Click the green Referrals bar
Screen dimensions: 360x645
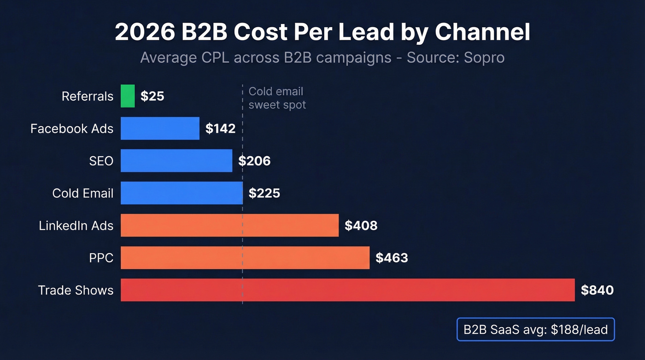128,96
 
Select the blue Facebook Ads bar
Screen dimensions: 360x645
160,128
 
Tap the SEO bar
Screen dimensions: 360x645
176,160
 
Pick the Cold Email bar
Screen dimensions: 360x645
182,193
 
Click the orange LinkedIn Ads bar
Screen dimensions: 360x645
229,225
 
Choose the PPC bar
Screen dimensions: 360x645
245,257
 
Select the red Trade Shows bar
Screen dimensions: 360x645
347,290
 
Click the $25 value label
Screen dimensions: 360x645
152,96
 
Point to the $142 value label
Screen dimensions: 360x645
220,129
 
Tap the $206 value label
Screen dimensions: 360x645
254,161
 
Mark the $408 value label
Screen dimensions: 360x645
361,225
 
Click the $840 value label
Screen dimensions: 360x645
597,290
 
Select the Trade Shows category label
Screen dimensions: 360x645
76,290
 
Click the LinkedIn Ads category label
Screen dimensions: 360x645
76,225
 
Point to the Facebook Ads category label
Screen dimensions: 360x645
72,129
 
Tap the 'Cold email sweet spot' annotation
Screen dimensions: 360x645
277,98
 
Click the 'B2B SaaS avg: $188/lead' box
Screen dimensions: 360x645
535,330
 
